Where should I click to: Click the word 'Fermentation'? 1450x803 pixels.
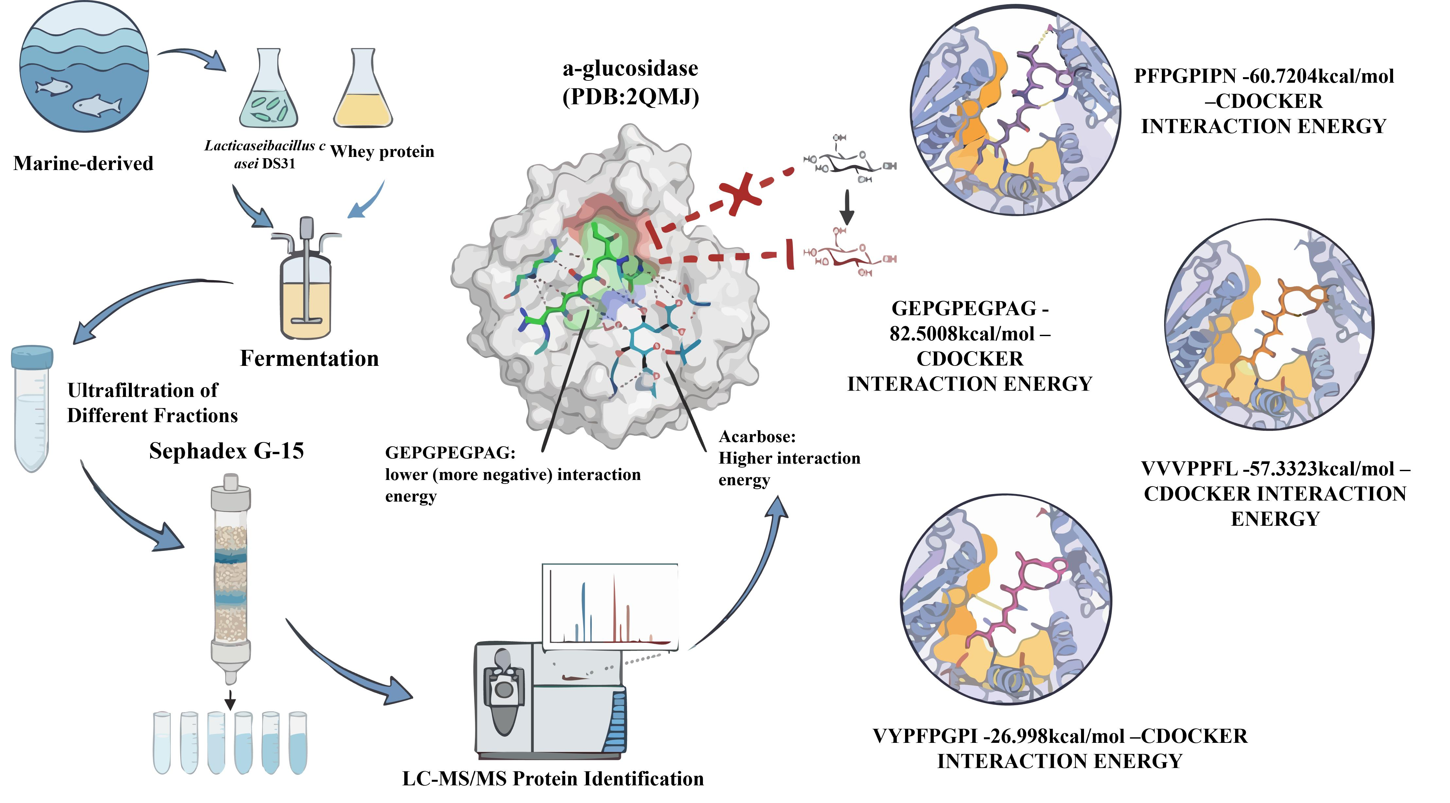click(x=309, y=358)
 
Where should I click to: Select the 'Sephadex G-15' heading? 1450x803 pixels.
click(x=226, y=451)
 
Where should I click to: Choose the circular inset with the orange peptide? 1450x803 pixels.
click(x=1268, y=325)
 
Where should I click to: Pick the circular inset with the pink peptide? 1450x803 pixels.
click(x=1006, y=600)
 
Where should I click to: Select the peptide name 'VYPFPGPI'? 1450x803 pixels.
click(x=925, y=736)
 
